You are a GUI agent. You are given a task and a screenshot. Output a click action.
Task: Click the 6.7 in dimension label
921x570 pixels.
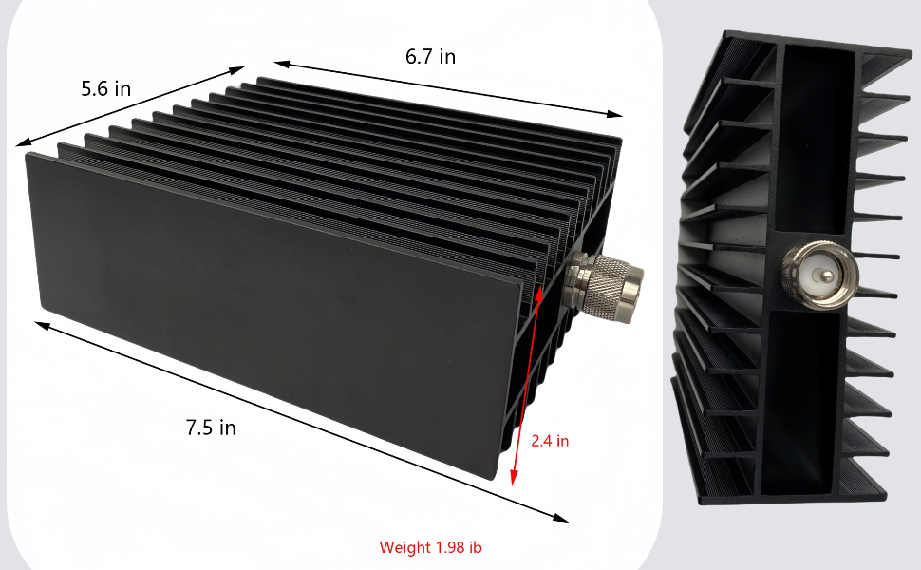point(430,56)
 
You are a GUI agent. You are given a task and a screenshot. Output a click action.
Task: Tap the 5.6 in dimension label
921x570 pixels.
point(105,88)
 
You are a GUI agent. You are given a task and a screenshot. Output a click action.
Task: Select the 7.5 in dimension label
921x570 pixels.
point(211,427)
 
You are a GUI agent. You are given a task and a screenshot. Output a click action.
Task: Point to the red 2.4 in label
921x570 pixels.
point(550,441)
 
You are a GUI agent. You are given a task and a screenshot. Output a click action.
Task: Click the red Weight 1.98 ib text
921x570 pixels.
point(430,547)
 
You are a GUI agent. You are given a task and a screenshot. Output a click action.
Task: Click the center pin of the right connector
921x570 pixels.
point(823,275)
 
